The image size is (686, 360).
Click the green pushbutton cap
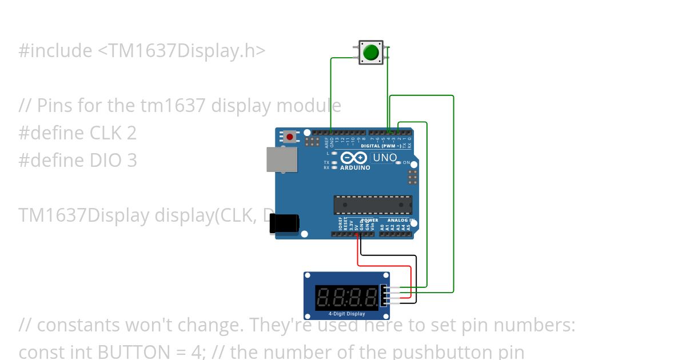coord(371,53)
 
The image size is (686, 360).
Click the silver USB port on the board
coord(282,159)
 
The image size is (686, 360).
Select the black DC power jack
coord(284,223)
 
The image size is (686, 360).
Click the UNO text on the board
coord(385,157)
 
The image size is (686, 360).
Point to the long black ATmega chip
coord(373,205)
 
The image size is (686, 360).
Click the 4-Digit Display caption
coord(346,314)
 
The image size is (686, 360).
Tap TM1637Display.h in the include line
coord(181,51)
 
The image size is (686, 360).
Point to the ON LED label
coord(406,163)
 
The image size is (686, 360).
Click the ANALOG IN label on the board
coord(400,220)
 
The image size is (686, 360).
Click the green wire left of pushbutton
coord(331,91)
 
